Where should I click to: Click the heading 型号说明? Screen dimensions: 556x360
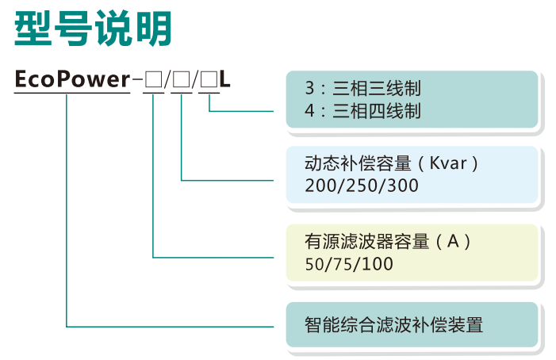pos(93,29)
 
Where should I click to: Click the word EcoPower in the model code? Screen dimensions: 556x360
pos(72,79)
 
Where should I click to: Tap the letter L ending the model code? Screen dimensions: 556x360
pos(224,79)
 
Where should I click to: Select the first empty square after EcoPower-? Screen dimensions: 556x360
pos(154,79)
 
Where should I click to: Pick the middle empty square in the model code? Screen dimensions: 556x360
pos(181,79)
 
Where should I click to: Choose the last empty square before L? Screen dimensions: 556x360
pos(209,79)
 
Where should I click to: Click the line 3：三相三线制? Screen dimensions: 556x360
pos(362,88)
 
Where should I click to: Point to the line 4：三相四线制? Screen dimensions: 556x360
pos(362,111)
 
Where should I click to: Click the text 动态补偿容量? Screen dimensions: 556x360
pos(359,163)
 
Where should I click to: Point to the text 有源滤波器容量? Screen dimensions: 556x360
pos(367,242)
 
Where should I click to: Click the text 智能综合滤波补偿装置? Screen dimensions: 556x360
pos(394,324)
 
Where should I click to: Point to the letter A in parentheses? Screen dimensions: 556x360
pos(454,242)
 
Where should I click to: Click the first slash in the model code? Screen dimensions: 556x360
pos(167,79)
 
